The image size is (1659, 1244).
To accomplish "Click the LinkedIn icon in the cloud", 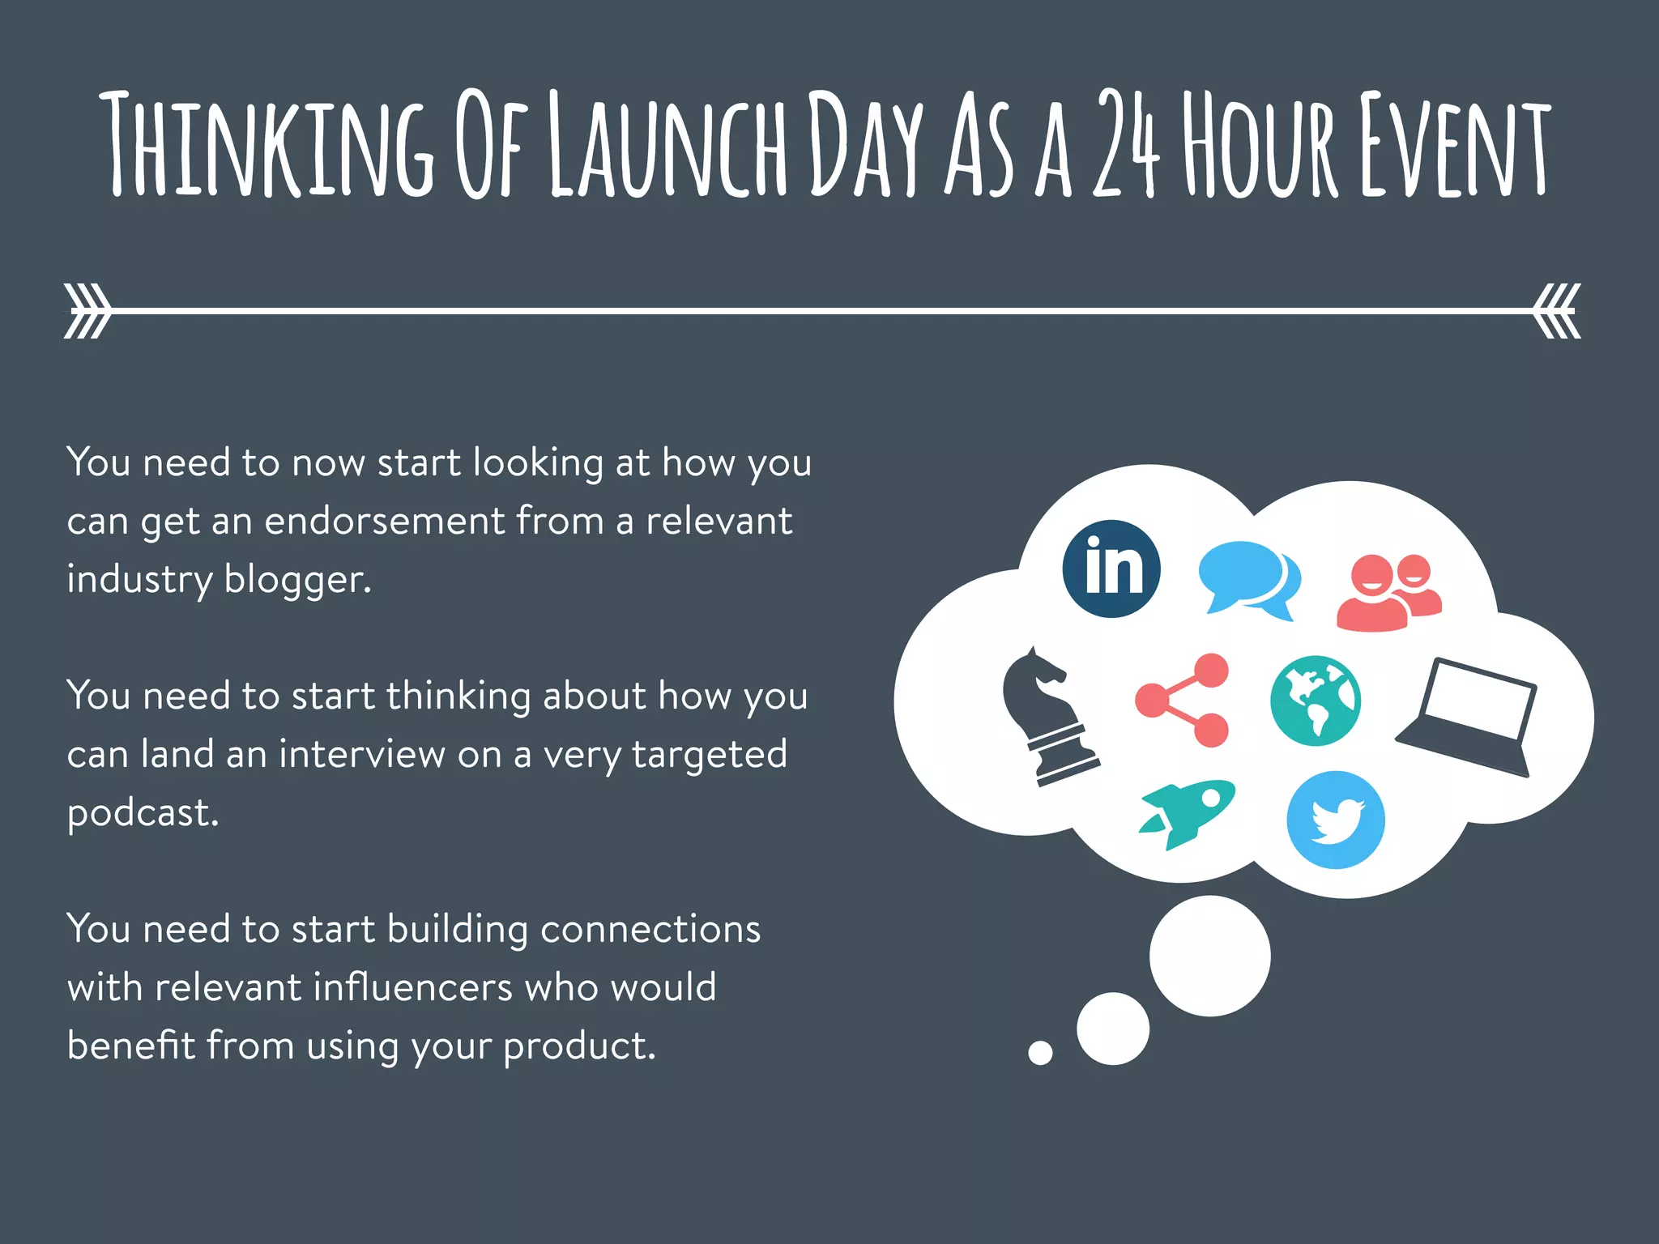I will [1111, 569].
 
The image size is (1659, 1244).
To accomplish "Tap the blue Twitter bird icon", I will [1335, 820].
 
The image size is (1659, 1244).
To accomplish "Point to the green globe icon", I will [1315, 701].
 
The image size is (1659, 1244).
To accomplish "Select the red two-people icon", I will [1388, 591].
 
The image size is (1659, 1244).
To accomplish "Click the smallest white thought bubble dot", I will [1040, 1052].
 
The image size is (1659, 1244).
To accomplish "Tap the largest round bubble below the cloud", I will [1209, 956].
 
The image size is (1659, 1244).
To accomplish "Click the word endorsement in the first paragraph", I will [385, 521].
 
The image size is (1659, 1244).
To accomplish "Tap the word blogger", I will [297, 580].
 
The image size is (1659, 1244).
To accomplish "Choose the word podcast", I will [143, 812].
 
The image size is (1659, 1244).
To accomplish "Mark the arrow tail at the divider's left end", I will [87, 310].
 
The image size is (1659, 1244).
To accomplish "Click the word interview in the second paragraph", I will [362, 754].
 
